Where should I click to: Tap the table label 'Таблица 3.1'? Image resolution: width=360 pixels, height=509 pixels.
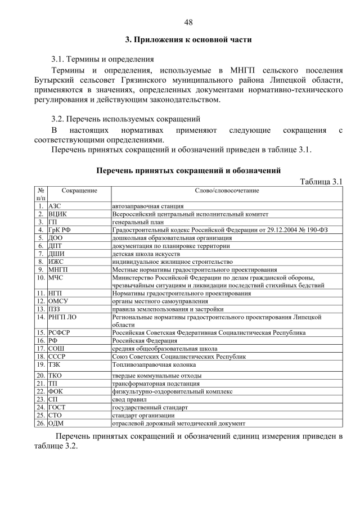coord(321,181)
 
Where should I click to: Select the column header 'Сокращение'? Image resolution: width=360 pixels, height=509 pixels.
coord(79,191)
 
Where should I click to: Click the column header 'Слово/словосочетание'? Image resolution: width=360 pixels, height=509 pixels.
coord(227,191)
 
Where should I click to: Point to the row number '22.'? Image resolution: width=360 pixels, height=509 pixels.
coord(40,391)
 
